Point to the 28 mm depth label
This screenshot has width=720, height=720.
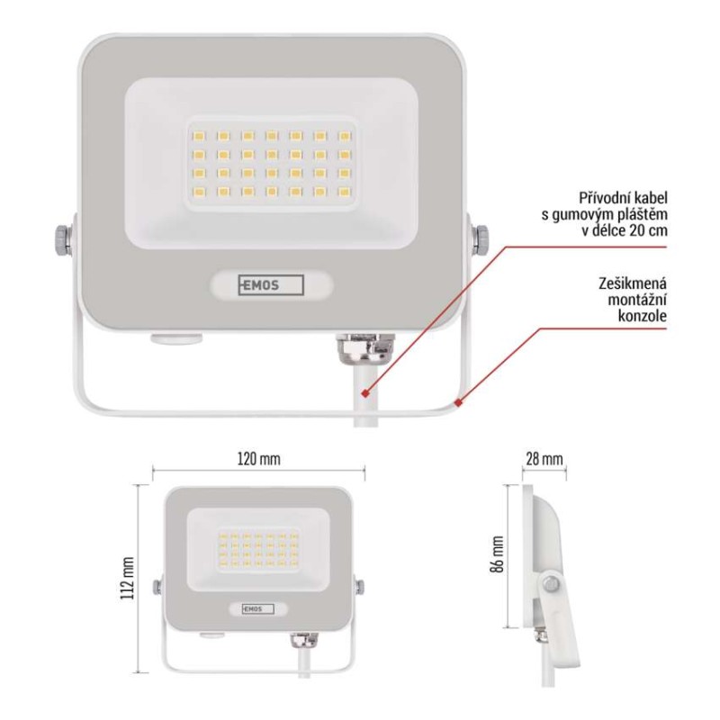pos(545,459)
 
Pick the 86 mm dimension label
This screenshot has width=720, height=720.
pos(498,555)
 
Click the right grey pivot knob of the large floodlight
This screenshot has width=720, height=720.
pos(478,240)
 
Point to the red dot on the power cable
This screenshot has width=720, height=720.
pos(364,393)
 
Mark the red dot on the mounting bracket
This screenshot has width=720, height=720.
pos(459,401)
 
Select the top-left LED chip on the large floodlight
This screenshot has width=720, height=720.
pos(197,135)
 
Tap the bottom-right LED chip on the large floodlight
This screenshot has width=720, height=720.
pos(343,192)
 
